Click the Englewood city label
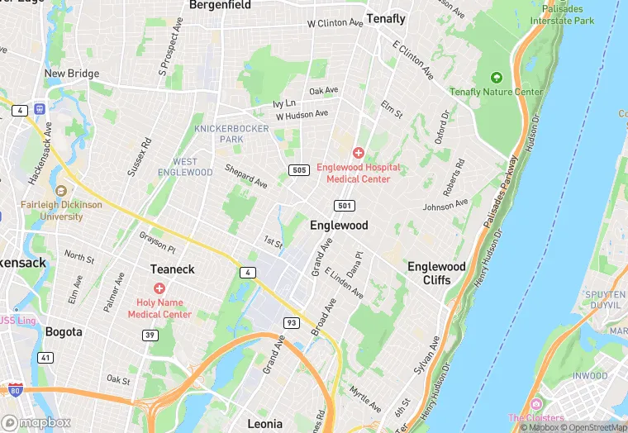[339, 225]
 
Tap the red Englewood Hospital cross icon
[359, 153]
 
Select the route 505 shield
[300, 170]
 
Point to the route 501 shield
[345, 205]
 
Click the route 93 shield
[291, 322]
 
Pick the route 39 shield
[150, 335]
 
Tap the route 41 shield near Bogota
[45, 358]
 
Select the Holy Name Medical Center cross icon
[159, 288]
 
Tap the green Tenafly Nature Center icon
[496, 77]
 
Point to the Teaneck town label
[172, 269]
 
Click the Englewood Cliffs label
[436, 274]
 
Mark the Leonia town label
[264, 423]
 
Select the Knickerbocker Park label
[230, 134]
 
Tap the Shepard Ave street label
[246, 175]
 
